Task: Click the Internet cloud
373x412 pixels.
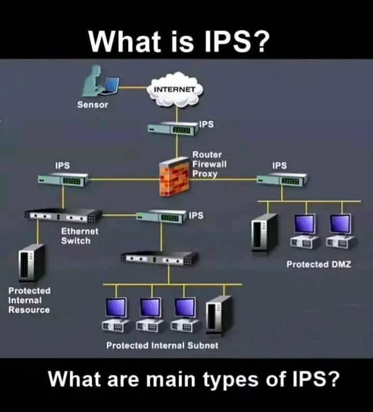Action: point(175,89)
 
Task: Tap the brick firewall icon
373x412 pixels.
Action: point(174,177)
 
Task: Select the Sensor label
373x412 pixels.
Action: point(93,105)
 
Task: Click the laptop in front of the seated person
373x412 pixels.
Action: point(109,86)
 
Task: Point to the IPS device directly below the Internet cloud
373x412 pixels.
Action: point(173,129)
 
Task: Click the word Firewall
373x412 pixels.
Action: point(209,164)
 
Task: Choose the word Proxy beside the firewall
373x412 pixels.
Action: point(205,174)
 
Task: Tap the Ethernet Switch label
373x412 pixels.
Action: point(79,236)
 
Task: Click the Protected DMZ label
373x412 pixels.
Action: point(319,264)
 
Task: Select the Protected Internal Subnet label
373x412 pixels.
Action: point(162,345)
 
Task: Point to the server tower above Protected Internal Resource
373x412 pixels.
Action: point(32,263)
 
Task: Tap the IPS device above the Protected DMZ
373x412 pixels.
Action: point(282,179)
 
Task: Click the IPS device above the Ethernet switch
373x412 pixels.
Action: point(63,179)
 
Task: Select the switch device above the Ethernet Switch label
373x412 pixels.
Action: point(63,216)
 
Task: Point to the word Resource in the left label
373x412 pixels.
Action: point(29,310)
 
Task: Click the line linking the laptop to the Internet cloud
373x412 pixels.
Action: point(133,87)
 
